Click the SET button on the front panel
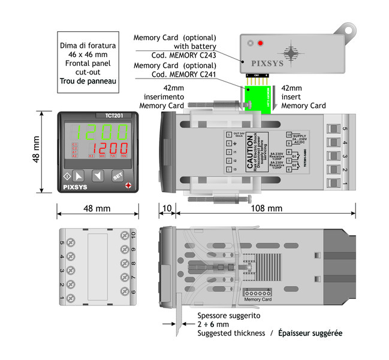(x=117, y=176)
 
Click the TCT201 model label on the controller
(x=98, y=116)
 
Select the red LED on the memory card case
(x=260, y=43)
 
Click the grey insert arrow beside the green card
(x=275, y=98)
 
